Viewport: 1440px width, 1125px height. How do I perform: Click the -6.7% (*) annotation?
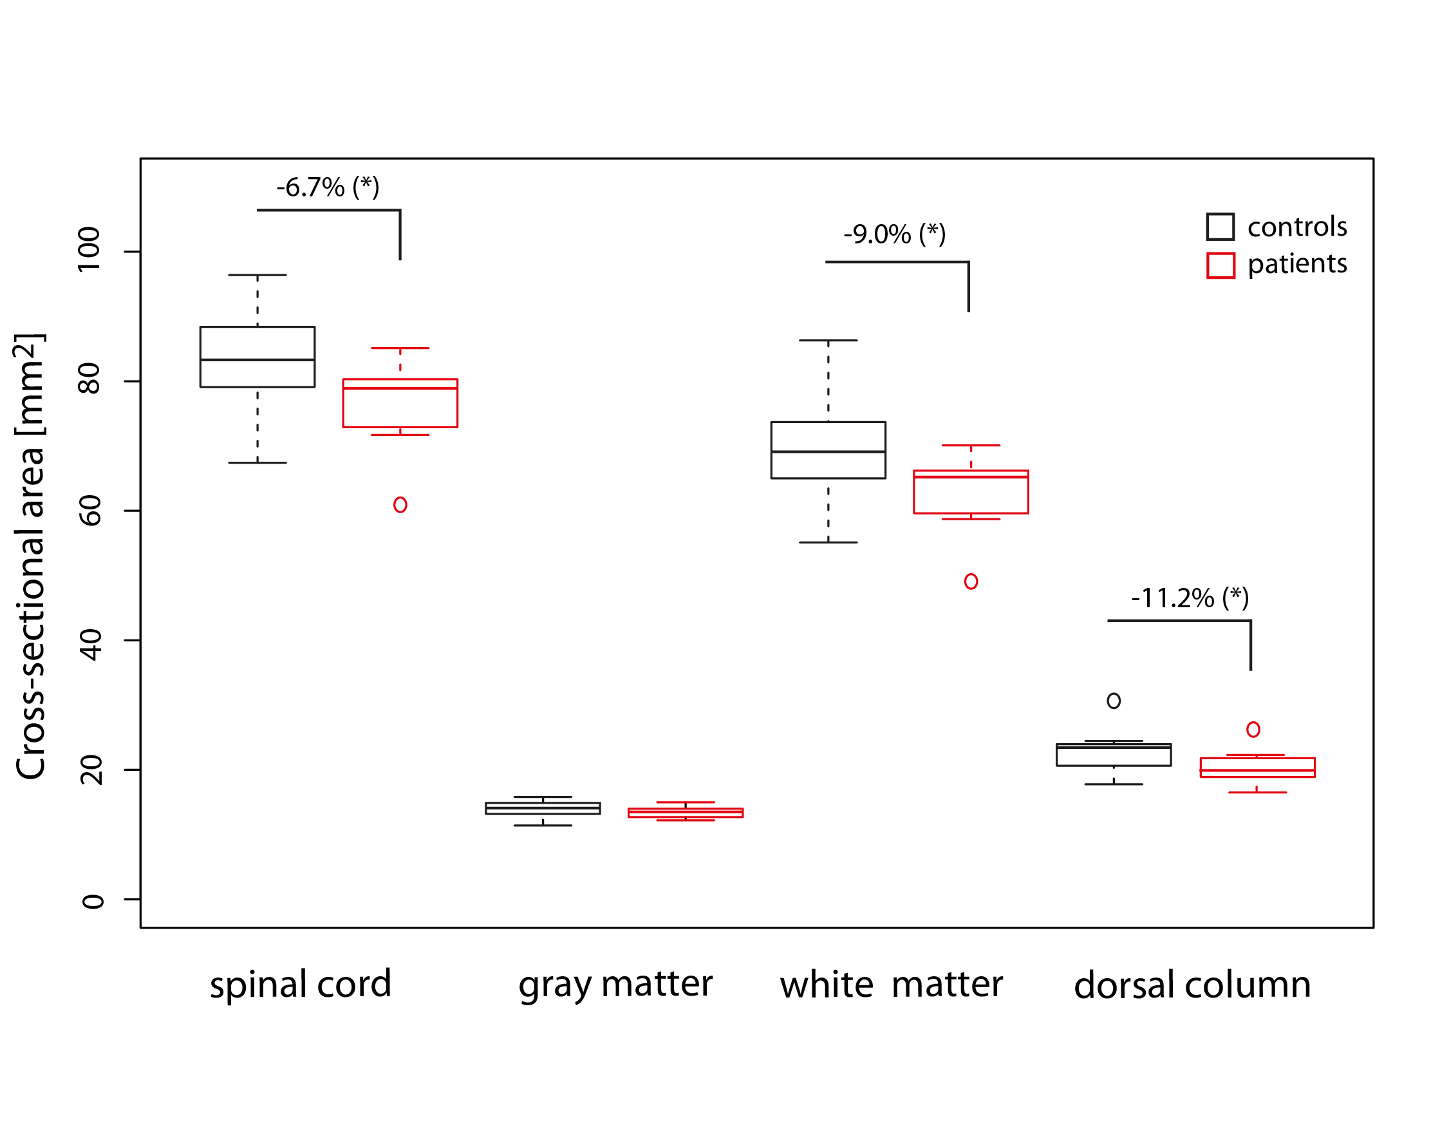(328, 188)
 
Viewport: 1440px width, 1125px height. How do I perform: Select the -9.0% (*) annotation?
(894, 235)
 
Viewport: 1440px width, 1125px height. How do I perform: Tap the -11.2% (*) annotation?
(1190, 599)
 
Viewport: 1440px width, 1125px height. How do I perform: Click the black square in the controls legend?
(1220, 227)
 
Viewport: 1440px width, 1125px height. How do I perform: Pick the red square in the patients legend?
(1220, 265)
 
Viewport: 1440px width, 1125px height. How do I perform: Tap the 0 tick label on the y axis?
(91, 902)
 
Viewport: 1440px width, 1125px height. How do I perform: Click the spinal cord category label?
(301, 985)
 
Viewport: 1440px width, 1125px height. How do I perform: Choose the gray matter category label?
(615, 985)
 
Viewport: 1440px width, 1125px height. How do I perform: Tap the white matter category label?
(892, 985)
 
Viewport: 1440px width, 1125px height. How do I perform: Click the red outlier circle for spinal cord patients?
(400, 505)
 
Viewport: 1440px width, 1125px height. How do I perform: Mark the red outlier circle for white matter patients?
(971, 581)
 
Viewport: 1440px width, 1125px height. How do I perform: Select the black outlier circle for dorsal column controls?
(1114, 701)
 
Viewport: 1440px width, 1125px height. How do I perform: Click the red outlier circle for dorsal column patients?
(1253, 730)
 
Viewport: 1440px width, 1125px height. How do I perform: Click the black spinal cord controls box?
(257, 357)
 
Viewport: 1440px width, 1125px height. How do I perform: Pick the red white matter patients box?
(971, 492)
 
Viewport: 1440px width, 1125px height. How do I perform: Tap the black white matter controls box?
(828, 449)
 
